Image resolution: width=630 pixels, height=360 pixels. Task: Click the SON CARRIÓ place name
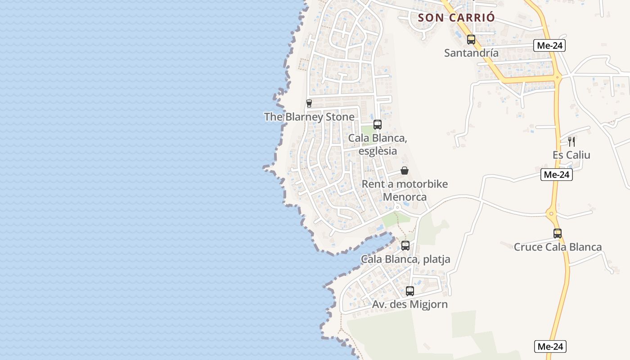point(456,18)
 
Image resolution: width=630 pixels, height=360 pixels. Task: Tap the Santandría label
point(471,53)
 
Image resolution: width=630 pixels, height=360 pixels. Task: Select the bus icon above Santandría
point(471,40)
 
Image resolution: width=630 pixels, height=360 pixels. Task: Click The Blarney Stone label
point(309,117)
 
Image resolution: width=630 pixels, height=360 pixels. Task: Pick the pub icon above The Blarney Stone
point(309,103)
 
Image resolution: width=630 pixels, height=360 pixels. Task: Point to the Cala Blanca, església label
point(378,144)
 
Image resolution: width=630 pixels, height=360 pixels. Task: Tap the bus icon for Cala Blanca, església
point(378,125)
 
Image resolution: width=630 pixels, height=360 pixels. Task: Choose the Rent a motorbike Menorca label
point(405,190)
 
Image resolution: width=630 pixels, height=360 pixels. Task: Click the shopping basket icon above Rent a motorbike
point(405,171)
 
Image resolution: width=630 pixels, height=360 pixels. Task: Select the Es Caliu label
point(571,155)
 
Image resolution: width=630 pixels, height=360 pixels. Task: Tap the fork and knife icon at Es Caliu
point(571,142)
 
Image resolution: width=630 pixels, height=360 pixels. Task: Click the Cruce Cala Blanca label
point(558,247)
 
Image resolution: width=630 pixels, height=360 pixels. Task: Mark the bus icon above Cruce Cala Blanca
point(558,234)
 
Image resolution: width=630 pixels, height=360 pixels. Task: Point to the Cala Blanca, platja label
point(405,259)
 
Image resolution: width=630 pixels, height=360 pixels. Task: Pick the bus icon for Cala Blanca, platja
point(405,246)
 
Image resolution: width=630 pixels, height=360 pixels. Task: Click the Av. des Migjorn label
point(409,305)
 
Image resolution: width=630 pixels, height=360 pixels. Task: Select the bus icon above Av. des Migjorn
point(409,291)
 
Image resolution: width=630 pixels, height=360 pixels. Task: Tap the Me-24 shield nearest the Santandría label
point(549,45)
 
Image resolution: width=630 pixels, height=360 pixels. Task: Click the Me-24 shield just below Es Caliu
point(557,175)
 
